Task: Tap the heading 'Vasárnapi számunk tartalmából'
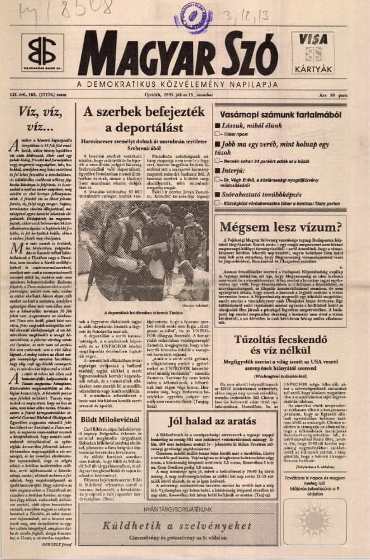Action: pos(286,114)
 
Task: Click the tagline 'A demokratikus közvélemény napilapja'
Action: pos(182,84)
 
